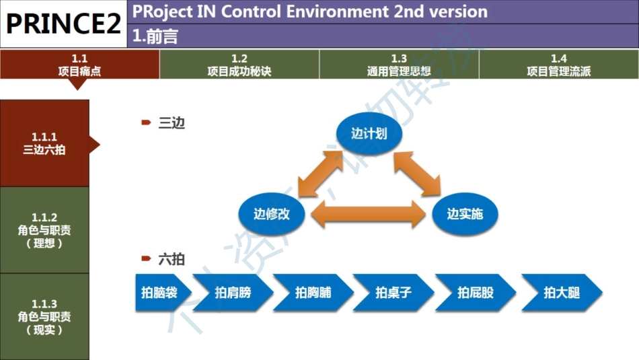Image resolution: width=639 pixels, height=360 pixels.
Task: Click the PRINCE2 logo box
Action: [x=64, y=24]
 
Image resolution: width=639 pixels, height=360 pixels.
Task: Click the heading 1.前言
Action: [x=155, y=36]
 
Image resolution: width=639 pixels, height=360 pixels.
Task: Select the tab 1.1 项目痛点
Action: [x=79, y=65]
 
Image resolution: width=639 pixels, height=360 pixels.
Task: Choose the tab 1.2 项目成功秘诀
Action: [x=239, y=65]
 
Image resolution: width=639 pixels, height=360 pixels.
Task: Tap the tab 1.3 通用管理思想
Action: [x=399, y=65]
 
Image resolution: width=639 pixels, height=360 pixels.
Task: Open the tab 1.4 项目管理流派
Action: [x=558, y=65]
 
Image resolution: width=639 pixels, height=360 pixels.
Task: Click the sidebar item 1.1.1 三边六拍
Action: [x=44, y=143]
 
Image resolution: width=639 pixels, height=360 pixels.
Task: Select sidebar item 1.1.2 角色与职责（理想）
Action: [x=44, y=229]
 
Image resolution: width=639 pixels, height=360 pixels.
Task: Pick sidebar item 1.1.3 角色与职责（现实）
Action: [x=44, y=316]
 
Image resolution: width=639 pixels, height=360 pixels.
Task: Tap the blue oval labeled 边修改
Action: [x=272, y=214]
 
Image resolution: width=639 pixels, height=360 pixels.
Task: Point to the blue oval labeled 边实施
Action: [x=465, y=214]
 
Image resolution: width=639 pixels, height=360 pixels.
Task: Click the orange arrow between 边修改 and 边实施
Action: [x=369, y=215]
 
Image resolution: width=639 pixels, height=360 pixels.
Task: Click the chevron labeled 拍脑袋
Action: [x=160, y=293]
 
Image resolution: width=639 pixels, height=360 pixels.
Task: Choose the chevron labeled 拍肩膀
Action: [x=233, y=293]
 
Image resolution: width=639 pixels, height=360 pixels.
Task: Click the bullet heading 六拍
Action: [x=171, y=259]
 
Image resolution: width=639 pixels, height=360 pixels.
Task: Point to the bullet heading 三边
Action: [x=171, y=122]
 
